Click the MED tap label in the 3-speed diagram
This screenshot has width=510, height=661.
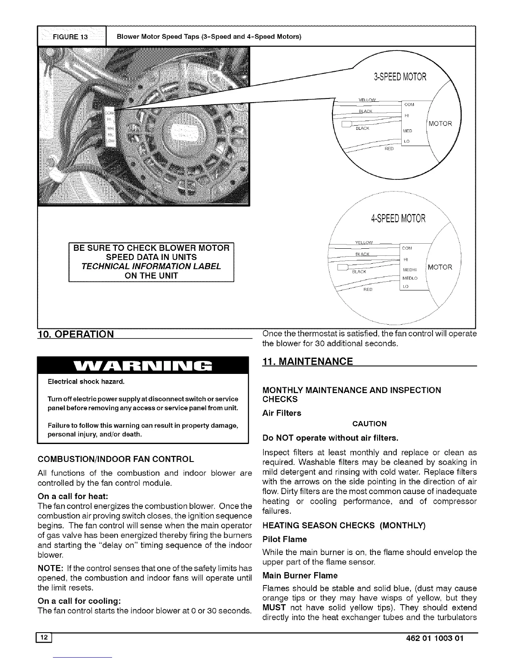407,131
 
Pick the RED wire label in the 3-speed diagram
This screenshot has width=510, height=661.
389,149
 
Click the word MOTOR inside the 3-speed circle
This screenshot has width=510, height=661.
440,124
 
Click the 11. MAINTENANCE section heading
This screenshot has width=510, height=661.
307,361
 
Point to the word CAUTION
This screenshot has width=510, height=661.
369,424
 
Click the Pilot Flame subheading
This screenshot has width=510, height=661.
285,539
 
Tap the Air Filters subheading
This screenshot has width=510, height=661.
282,413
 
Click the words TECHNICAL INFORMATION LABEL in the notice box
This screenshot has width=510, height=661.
151,266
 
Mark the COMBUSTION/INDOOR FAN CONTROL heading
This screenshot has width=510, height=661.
115,459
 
